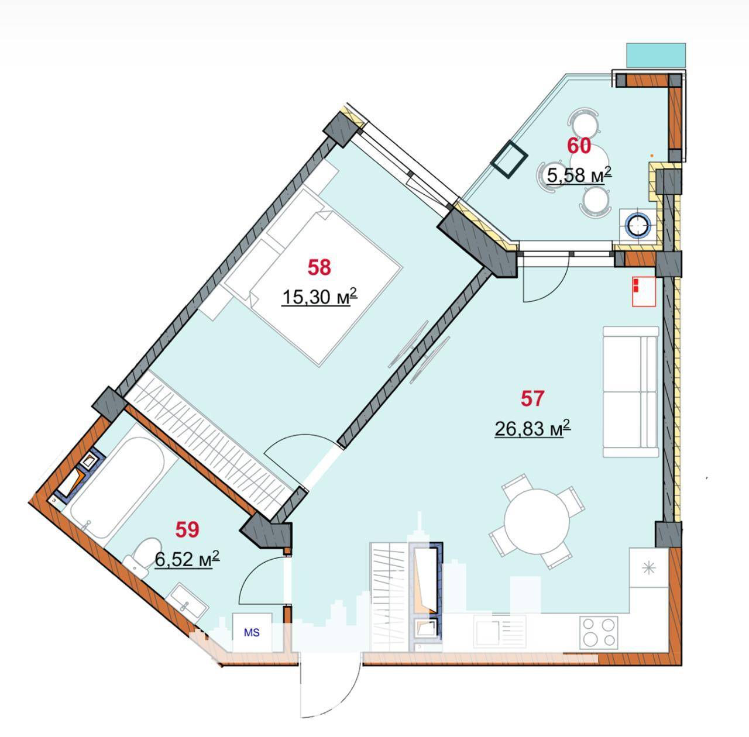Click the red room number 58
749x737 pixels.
(x=319, y=267)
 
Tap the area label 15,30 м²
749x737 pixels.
(x=319, y=297)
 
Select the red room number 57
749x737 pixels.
(x=532, y=399)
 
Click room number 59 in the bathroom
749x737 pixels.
(x=187, y=529)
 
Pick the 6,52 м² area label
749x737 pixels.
(x=187, y=559)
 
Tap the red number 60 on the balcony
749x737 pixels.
(x=579, y=146)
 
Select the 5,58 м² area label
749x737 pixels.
(x=579, y=175)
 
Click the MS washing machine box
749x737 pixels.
(x=252, y=632)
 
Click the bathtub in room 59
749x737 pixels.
(x=116, y=488)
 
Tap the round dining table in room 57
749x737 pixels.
(x=537, y=522)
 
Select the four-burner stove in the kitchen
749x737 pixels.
(x=599, y=632)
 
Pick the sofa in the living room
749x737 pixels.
(x=630, y=391)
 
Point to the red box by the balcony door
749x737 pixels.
(x=644, y=291)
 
